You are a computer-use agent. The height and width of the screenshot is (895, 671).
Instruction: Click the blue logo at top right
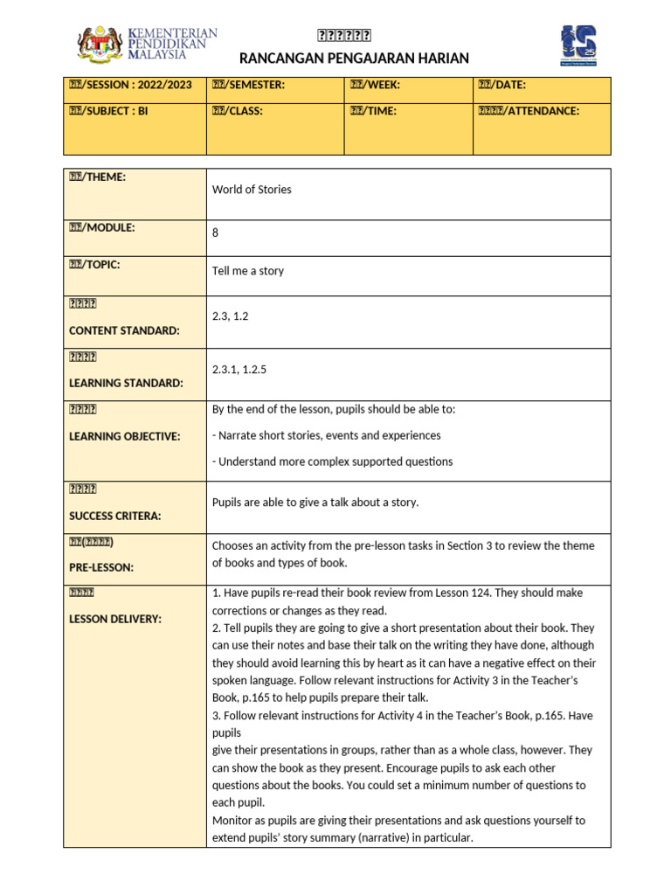click(578, 45)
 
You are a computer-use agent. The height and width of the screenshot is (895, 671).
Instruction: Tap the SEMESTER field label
click(248, 85)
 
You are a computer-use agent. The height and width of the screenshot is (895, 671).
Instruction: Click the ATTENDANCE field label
click(528, 111)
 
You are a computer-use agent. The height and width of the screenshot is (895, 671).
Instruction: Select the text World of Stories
click(252, 190)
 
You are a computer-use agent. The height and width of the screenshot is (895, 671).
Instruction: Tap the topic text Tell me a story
click(248, 271)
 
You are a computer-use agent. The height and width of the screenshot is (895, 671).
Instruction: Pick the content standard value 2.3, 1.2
click(231, 316)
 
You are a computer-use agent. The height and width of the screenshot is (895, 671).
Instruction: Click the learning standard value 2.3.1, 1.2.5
click(239, 370)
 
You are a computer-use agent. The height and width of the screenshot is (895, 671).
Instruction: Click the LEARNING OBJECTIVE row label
click(125, 436)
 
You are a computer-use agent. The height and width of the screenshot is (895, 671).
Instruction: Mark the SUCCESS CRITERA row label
click(115, 516)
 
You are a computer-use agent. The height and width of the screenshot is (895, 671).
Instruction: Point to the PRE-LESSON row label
click(101, 567)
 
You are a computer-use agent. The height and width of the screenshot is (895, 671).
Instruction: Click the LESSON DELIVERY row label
click(115, 619)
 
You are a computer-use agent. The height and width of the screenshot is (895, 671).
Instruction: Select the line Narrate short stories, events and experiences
click(329, 435)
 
